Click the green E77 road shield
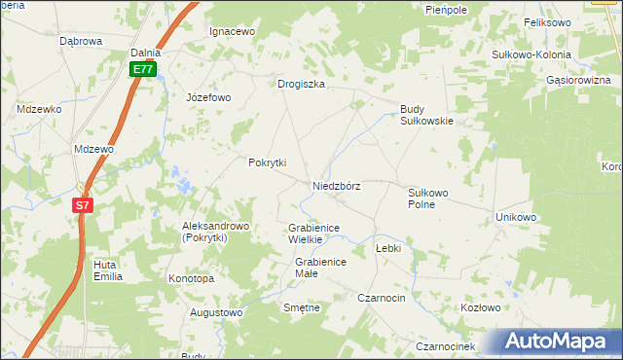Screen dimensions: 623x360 [143, 69]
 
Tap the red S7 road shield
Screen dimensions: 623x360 [83, 205]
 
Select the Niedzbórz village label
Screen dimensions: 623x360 [337, 186]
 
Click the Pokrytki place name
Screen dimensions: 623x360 [267, 162]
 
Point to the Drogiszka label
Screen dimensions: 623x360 [301, 84]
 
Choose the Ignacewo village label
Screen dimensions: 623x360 [233, 31]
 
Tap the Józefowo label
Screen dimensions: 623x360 [208, 97]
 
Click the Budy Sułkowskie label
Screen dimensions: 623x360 [427, 115]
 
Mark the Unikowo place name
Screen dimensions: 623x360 [516, 217]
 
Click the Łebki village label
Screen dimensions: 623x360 [388, 248]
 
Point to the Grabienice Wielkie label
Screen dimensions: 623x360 [312, 234]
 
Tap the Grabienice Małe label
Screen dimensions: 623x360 [320, 268]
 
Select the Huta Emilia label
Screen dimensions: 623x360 [107, 270]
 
